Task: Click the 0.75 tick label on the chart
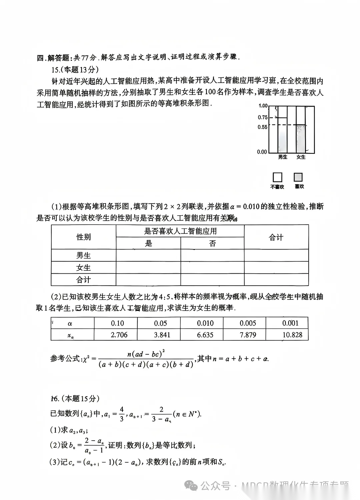[x=263, y=117]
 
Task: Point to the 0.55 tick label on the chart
[x=263, y=127]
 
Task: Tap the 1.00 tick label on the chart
[x=263, y=106]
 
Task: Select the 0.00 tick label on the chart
[x=262, y=152]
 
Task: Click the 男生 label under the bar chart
[x=283, y=157]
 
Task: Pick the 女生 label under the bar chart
[x=301, y=157]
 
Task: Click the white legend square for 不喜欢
[x=277, y=177]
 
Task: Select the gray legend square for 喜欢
[x=298, y=177]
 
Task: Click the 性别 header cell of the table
[x=83, y=237]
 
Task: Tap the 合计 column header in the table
[x=276, y=237]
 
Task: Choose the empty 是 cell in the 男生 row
[x=148, y=255]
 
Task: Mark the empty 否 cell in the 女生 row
[x=212, y=268]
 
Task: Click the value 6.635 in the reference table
[x=205, y=335]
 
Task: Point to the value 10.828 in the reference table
[x=292, y=335]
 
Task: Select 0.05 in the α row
[x=160, y=323]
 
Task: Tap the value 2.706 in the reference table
[x=119, y=335]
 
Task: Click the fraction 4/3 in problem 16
[x=122, y=414]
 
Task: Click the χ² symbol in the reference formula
[x=86, y=359]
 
